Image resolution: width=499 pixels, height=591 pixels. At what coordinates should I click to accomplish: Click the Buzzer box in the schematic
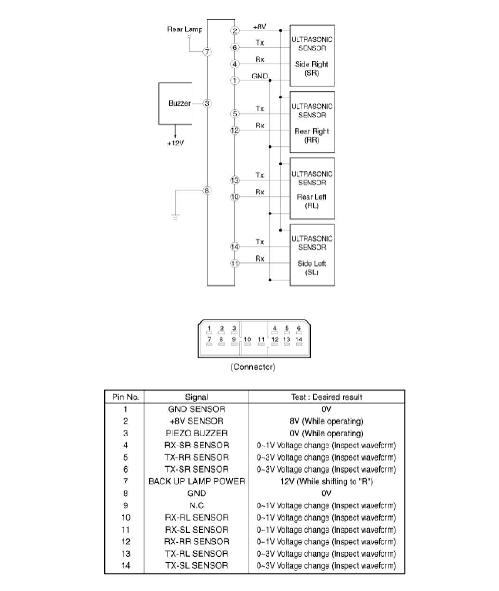175,103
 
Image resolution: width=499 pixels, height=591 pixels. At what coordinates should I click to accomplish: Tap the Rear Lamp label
185,29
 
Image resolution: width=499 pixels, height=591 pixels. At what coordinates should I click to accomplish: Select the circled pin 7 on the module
207,52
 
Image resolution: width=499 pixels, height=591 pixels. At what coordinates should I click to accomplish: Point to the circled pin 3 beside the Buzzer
207,103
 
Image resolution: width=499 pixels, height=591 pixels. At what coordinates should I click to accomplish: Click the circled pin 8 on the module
207,191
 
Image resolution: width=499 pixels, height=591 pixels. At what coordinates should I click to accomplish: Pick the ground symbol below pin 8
175,217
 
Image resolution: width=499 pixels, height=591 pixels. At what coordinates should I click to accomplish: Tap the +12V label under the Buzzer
175,143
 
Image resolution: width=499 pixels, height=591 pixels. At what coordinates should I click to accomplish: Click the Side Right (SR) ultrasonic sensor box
312,56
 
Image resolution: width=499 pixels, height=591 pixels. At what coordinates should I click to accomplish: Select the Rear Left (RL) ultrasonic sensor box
312,188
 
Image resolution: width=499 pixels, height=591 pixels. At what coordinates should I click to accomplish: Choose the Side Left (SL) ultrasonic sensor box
312,255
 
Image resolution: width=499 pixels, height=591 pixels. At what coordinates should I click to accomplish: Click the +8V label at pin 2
259,27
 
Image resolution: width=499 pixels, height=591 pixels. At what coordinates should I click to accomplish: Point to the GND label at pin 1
259,76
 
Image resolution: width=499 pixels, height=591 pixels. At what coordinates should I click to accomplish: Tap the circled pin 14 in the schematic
235,247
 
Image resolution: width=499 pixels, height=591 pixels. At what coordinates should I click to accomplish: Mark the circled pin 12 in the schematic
235,130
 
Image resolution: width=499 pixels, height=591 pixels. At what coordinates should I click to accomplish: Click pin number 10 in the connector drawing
247,339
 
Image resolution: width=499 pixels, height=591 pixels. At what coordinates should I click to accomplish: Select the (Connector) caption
253,367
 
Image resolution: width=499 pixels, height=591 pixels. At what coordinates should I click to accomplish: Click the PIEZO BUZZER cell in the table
197,433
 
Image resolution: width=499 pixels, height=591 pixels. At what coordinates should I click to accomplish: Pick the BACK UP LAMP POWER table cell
197,481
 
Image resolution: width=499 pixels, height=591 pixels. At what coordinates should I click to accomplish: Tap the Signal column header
197,397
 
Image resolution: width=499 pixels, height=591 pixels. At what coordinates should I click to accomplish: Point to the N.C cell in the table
197,505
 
